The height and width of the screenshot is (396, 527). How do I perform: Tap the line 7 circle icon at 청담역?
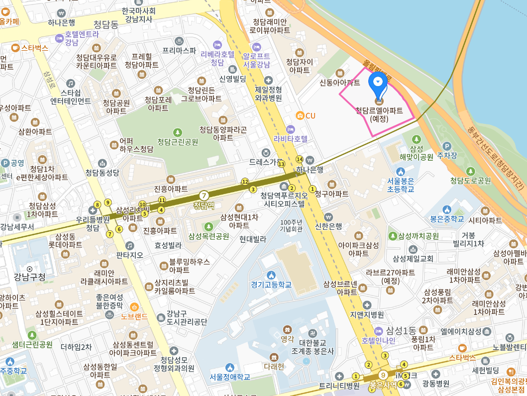204,196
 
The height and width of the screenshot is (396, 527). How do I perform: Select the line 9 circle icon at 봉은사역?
383,375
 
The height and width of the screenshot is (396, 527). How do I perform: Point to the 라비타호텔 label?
291,138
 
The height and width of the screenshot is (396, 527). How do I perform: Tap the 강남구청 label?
29,277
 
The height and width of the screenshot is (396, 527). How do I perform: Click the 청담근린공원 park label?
178,141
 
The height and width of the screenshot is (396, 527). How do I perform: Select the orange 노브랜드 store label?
134,316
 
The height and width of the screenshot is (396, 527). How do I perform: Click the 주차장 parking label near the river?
446,156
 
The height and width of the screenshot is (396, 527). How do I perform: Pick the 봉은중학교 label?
447,218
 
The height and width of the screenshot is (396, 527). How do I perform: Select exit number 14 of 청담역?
299,159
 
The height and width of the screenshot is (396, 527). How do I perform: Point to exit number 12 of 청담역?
244,182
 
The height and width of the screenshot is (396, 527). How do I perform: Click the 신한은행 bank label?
328,226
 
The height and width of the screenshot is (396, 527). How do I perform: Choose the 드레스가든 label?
266,162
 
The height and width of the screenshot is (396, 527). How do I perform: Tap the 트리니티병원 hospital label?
339,386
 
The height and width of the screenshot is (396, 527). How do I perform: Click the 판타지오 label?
129,255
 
